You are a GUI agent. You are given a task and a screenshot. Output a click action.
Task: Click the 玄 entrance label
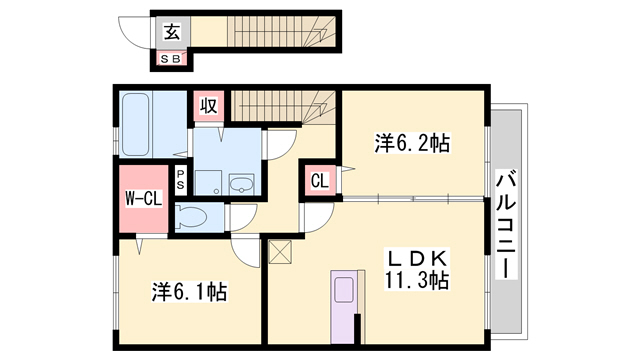[x=172, y=31]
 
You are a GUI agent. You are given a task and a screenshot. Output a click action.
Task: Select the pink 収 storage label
[x=208, y=105]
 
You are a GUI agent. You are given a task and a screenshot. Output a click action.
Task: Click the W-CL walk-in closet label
[x=144, y=198]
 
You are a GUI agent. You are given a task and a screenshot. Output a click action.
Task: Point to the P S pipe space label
[x=180, y=179]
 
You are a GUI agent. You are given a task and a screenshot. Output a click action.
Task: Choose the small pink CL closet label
[x=318, y=181]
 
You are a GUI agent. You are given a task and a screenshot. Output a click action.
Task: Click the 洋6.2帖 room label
[x=412, y=144]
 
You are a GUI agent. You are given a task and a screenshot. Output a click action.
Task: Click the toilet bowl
[x=194, y=216]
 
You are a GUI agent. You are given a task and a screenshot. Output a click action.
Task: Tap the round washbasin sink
[x=241, y=183]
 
